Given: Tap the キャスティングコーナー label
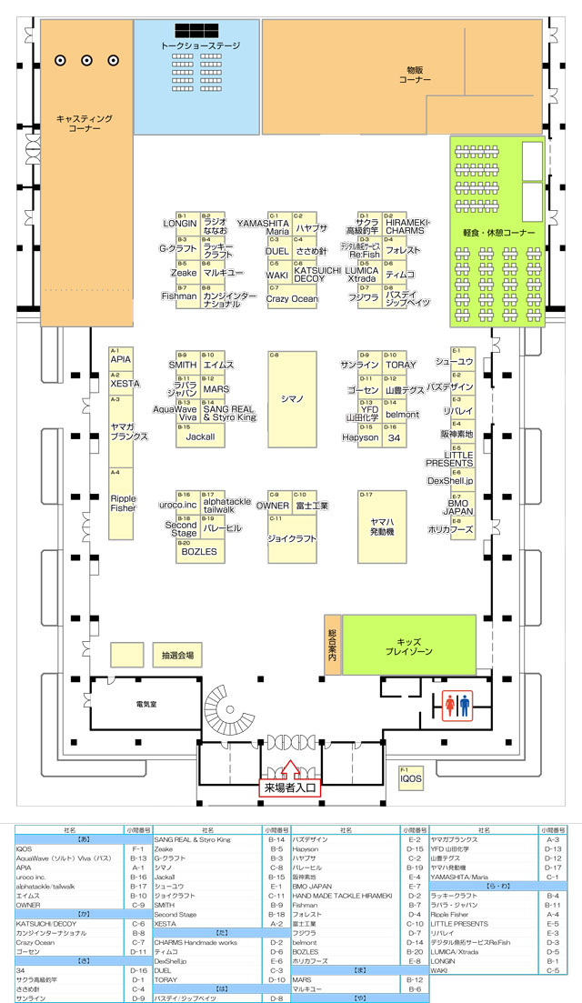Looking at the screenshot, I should [x=84, y=124].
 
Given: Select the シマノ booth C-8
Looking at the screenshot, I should [x=292, y=398].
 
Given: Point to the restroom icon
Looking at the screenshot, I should [x=457, y=703].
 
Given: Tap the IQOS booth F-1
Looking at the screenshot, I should [x=411, y=778].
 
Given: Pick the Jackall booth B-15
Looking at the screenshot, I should [x=200, y=436].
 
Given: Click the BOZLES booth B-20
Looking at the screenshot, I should [x=200, y=552].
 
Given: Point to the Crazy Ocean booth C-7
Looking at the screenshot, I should [x=292, y=298].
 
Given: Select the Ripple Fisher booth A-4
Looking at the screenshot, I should [x=122, y=503].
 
